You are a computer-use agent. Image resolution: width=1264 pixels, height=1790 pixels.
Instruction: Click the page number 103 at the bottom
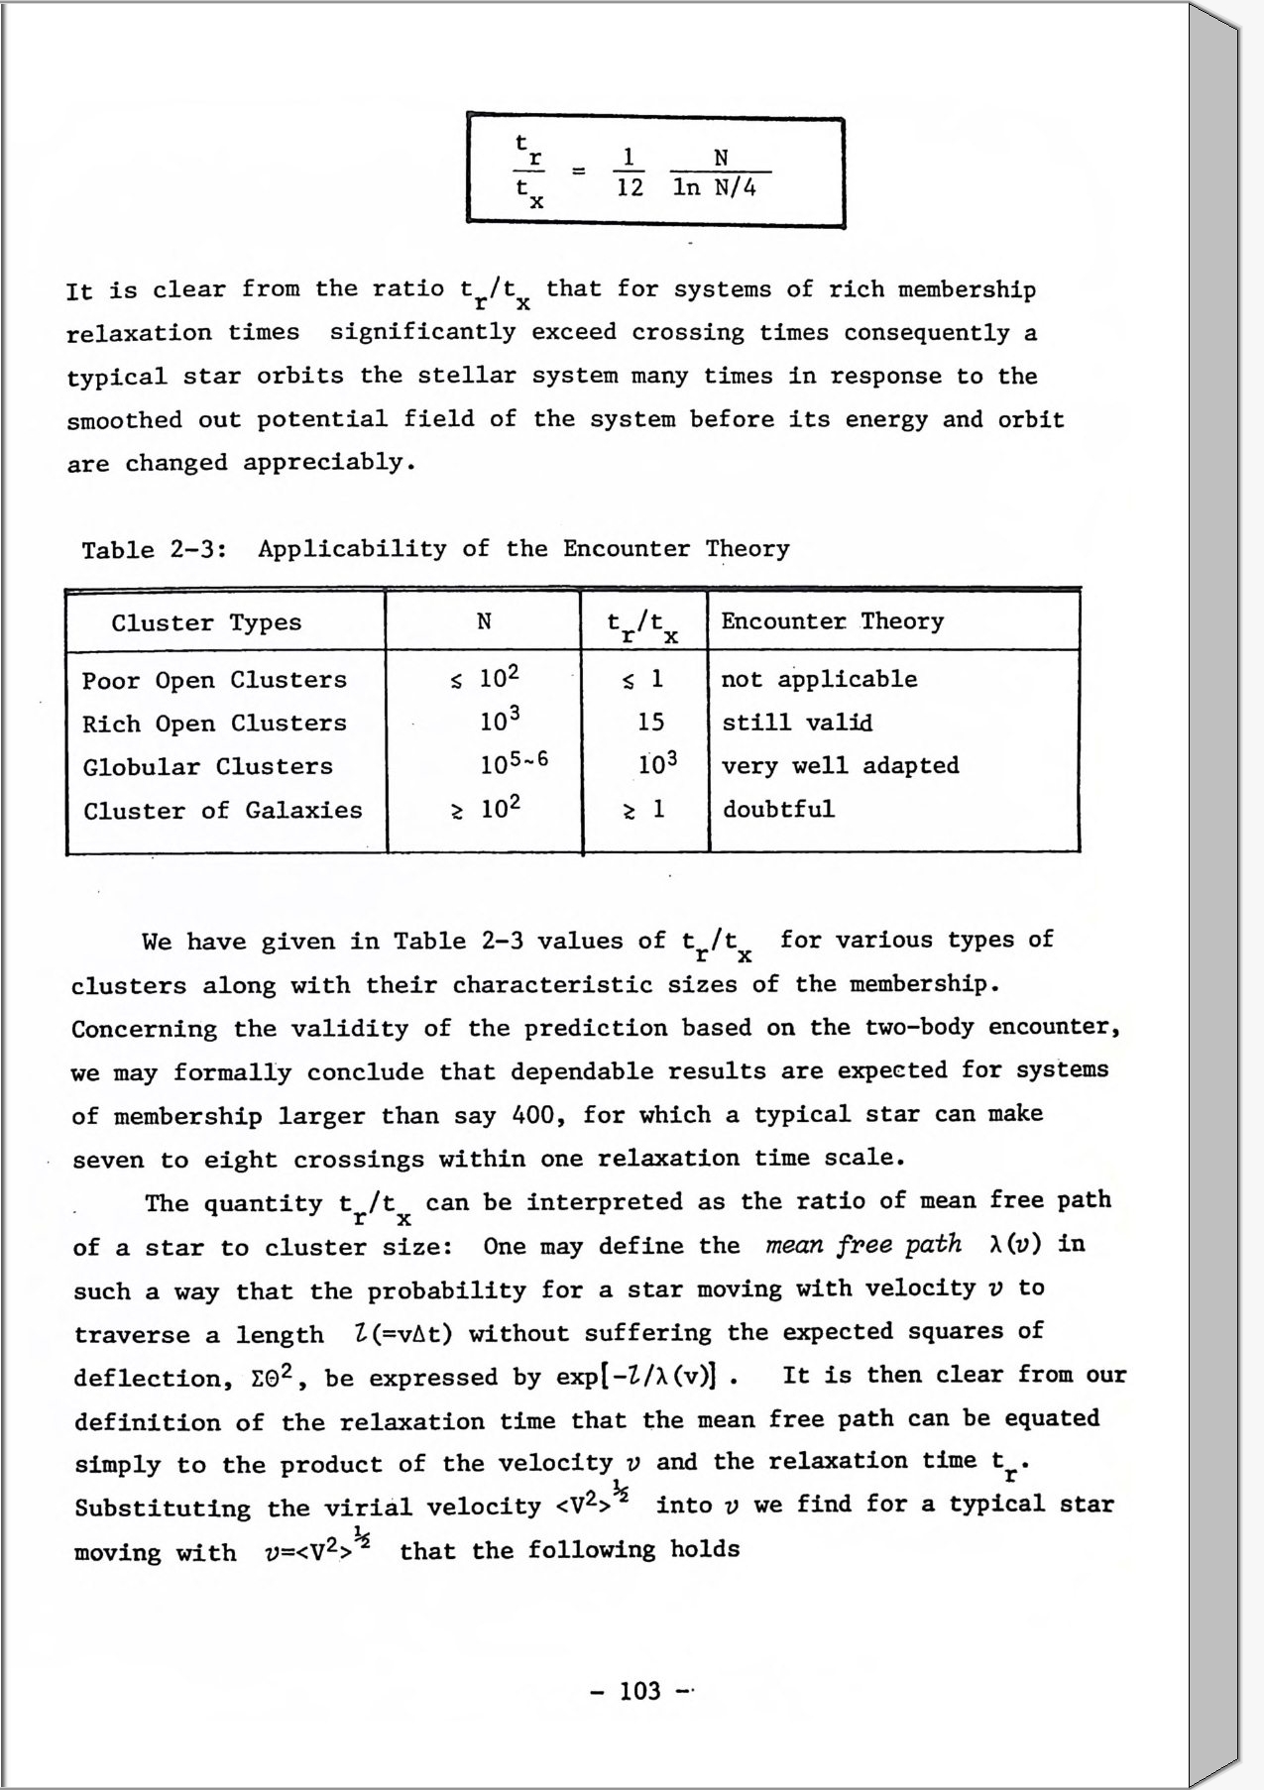(639, 1690)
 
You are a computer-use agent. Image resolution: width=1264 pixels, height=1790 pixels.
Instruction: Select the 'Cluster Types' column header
(206, 622)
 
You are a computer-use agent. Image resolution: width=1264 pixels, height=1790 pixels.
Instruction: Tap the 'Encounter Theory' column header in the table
(832, 621)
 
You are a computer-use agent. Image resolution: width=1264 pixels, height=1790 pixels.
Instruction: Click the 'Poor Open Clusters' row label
(214, 680)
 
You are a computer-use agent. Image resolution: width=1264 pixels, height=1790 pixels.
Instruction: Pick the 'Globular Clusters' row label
(207, 767)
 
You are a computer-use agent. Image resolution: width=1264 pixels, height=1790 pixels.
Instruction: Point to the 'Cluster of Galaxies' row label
(222, 811)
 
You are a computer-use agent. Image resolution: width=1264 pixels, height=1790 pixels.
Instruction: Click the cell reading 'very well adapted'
(840, 765)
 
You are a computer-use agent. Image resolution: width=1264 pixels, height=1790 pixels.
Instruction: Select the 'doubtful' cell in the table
(778, 809)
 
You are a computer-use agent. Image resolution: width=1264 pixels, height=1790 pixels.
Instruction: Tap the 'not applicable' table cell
(819, 679)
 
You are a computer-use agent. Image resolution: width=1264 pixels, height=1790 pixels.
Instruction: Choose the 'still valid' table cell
(797, 723)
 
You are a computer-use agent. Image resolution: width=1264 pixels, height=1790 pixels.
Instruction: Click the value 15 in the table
(650, 723)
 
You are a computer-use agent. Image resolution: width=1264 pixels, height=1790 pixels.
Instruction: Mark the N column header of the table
(484, 621)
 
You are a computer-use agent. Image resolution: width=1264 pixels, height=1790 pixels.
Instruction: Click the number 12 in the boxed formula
(630, 188)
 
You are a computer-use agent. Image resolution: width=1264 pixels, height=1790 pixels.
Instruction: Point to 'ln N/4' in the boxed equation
(714, 188)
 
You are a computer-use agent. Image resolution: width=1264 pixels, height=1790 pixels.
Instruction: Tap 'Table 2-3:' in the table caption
(155, 550)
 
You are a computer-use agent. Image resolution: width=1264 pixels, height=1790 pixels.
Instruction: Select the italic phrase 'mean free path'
(862, 1245)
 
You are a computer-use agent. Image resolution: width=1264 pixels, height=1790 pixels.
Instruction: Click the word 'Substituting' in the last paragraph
(163, 1509)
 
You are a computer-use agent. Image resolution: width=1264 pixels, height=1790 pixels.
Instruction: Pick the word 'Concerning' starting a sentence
(144, 1029)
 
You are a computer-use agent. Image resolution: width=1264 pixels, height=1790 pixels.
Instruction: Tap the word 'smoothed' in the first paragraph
(124, 420)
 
